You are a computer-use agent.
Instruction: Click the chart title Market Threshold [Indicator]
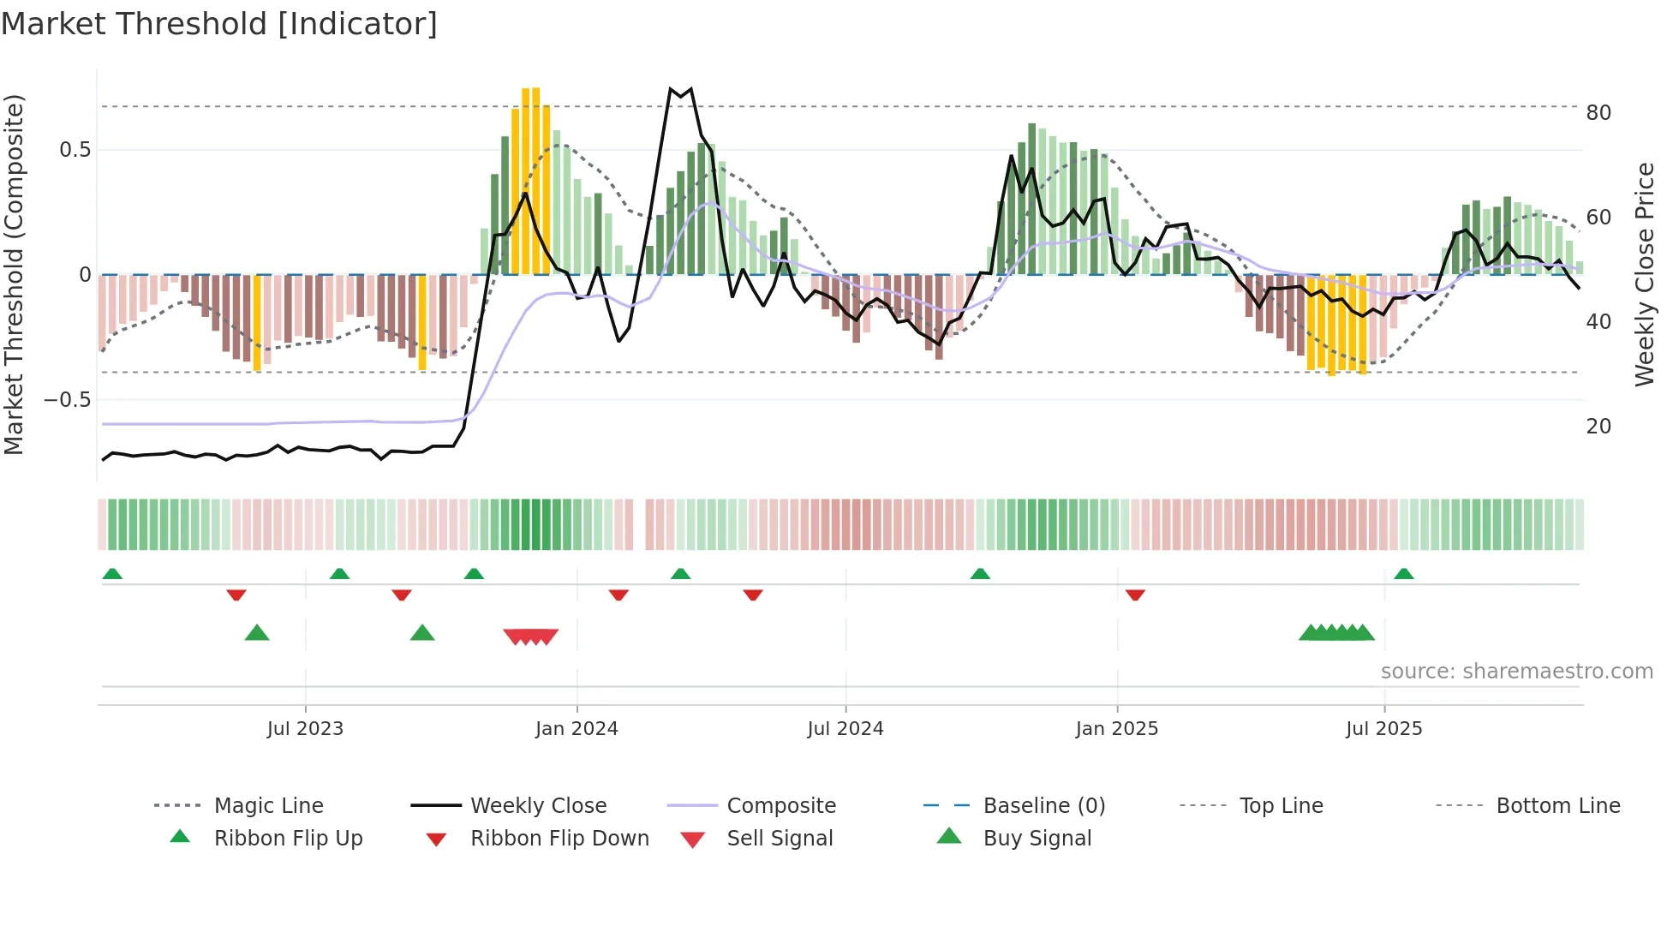(219, 24)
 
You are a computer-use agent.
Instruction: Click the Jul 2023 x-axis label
(305, 729)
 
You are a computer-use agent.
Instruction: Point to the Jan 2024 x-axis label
(577, 729)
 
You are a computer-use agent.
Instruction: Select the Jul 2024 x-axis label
(845, 729)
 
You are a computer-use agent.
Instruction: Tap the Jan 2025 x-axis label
(1116, 729)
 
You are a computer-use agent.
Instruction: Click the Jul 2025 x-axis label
(1383, 729)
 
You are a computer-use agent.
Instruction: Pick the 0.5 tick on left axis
(75, 150)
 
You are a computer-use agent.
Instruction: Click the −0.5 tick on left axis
(68, 400)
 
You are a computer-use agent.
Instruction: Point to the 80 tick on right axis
(1598, 113)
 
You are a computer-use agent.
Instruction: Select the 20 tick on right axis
(1598, 427)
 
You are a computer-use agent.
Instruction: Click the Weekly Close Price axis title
(1644, 274)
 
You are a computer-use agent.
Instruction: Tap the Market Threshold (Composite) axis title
(14, 274)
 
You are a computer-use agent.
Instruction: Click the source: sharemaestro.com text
(1516, 672)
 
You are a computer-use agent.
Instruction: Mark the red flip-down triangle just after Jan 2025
(1135, 594)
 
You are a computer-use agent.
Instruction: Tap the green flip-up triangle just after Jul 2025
(1403, 574)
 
